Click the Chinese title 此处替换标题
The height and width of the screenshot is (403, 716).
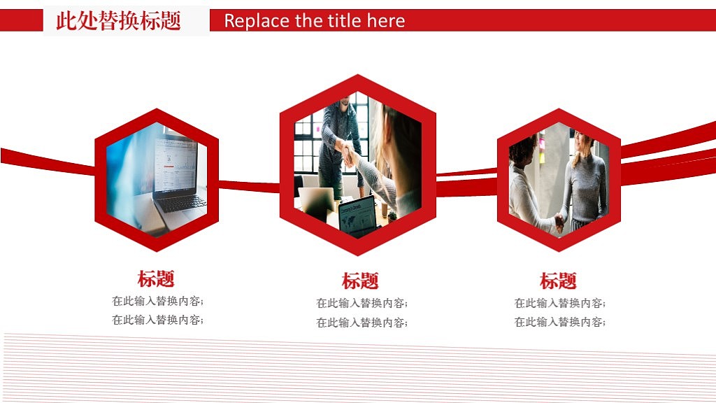pos(118,21)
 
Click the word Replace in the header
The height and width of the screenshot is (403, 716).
pos(256,21)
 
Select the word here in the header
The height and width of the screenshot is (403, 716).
pos(386,21)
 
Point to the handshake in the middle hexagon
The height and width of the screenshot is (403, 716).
pos(347,151)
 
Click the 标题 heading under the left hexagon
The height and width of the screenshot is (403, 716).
pos(156,278)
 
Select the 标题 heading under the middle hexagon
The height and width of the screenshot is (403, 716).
pos(360,281)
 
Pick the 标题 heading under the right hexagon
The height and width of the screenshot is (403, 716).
pos(558,281)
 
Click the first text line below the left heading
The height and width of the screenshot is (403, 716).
pos(157,302)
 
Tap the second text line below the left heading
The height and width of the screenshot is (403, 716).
pos(157,320)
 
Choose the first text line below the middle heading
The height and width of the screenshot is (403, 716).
pos(361,304)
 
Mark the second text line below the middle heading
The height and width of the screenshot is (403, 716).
pos(361,323)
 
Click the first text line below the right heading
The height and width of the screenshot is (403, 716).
pos(559,304)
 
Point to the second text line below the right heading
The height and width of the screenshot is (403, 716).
pos(559,323)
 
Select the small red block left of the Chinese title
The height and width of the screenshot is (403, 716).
pos(21,21)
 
